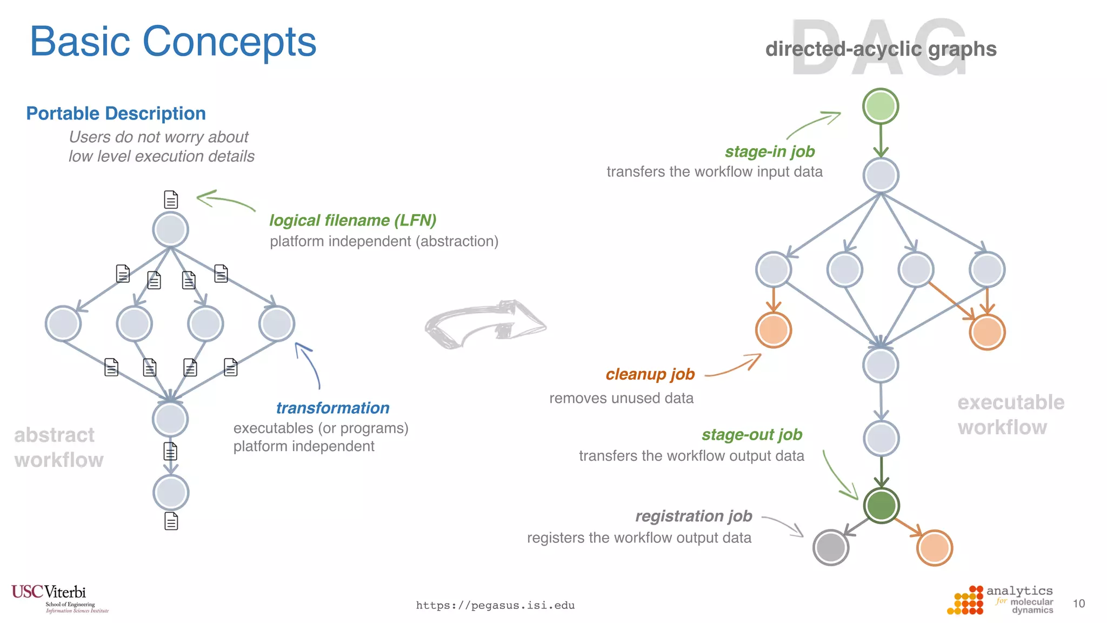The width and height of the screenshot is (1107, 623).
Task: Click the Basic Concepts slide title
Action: click(173, 42)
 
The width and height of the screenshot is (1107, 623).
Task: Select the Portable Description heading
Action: click(116, 114)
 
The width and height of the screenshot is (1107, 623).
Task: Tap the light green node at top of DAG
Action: click(881, 106)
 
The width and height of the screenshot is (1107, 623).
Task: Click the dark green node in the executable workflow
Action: click(881, 506)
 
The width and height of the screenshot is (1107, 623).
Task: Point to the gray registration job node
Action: click(831, 547)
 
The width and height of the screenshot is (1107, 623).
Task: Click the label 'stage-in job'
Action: click(770, 151)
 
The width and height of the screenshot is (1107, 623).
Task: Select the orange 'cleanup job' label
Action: click(650, 374)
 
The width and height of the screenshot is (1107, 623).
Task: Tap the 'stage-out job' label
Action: click(752, 434)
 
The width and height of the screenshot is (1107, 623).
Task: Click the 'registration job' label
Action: click(693, 516)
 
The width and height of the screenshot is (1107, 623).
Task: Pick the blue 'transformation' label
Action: click(332, 408)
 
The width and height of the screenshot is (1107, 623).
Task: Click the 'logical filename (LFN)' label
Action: click(352, 220)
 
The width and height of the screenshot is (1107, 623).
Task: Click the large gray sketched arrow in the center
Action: click(485, 324)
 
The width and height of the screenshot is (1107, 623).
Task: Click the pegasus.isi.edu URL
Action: click(495, 605)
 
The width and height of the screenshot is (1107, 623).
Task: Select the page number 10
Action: click(1078, 604)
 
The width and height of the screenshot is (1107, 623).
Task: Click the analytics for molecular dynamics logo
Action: click(1000, 600)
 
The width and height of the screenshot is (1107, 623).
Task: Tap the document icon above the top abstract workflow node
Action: click(171, 200)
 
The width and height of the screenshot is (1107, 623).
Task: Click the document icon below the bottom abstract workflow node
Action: click(171, 521)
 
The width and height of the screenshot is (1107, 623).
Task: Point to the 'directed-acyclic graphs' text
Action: click(881, 49)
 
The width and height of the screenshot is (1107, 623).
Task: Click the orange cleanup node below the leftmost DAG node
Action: click(773, 330)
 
